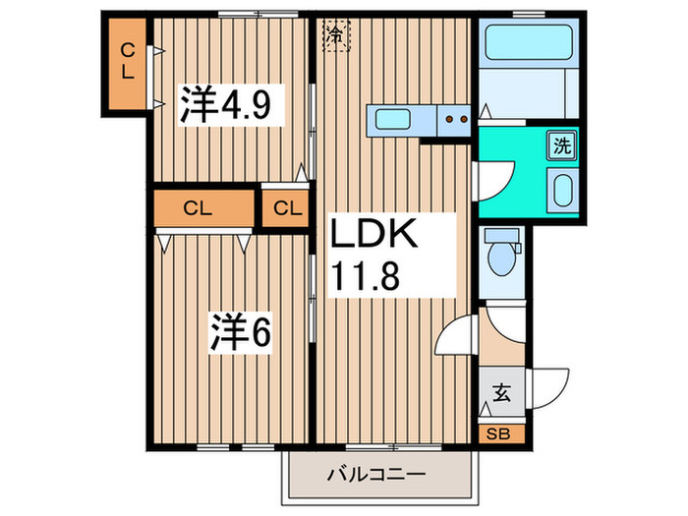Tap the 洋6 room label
pyautogui.click(x=239, y=332)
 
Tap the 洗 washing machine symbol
pyautogui.click(x=560, y=146)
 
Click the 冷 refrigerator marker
pyautogui.click(x=336, y=35)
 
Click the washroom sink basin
pyautogui.click(x=562, y=189)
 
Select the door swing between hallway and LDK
pyautogui.click(x=457, y=339)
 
